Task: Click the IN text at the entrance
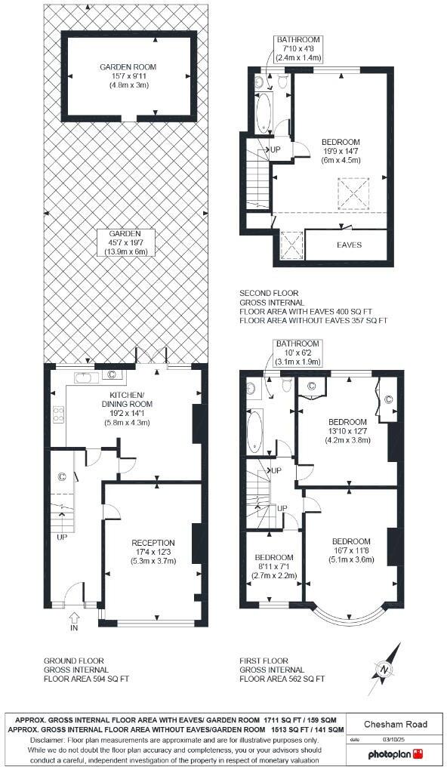click(74, 627)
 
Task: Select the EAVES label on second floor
click(349, 245)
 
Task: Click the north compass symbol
click(384, 667)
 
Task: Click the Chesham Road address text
click(396, 725)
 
